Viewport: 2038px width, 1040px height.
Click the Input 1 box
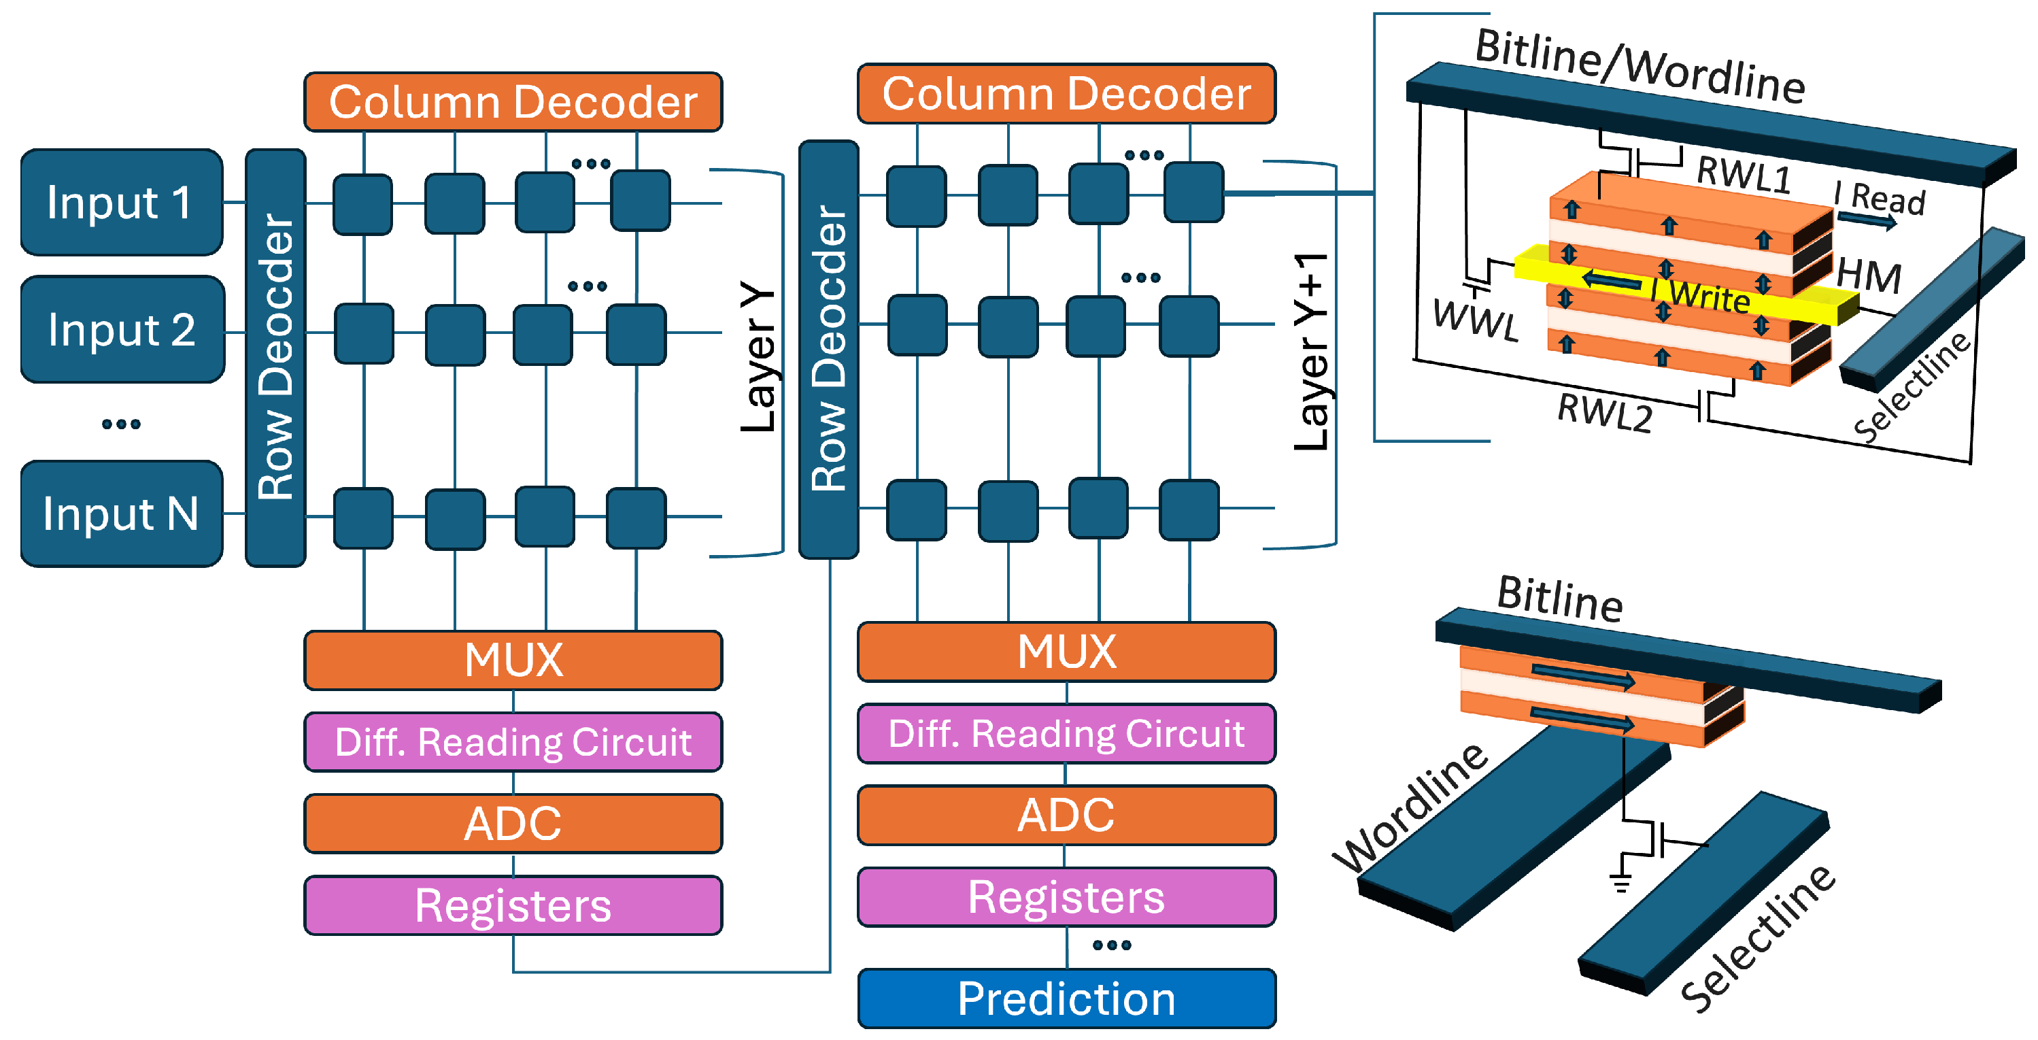pos(121,202)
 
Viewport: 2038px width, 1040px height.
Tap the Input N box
pos(121,514)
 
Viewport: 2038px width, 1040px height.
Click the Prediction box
pos(1066,998)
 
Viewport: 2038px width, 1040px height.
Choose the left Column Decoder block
pos(513,102)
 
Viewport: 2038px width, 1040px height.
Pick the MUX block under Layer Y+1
pos(1066,652)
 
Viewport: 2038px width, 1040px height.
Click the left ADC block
pos(513,823)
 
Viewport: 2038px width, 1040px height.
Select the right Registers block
pos(1066,896)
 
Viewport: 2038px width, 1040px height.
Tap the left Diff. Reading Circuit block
pos(513,741)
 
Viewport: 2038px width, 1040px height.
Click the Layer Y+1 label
pos(1311,352)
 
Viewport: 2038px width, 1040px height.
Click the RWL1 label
pos(1744,173)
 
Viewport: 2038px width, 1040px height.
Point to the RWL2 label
pos(1604,412)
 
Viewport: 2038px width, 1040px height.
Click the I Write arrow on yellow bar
pos(1612,280)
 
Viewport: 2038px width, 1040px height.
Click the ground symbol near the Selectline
pos(1621,881)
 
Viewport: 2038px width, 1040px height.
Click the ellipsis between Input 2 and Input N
pos(121,424)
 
